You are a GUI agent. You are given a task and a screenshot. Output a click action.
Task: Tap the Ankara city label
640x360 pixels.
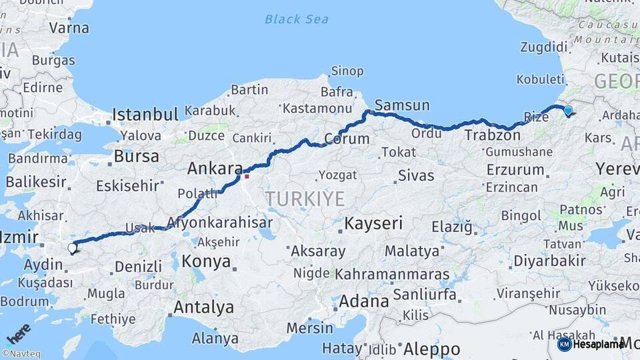click(x=213, y=169)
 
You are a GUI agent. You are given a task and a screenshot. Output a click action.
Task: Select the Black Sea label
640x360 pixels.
click(x=296, y=19)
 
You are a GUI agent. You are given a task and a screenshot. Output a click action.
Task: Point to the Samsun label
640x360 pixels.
click(x=402, y=105)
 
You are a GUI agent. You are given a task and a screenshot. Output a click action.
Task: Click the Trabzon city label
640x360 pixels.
click(x=492, y=135)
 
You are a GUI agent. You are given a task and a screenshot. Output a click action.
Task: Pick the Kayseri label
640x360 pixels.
click(x=373, y=223)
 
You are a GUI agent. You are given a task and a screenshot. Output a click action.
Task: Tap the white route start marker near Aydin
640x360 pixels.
click(x=72, y=248)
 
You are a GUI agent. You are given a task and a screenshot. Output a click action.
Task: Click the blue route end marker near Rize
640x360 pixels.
click(x=567, y=111)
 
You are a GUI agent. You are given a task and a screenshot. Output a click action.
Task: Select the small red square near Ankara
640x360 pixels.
click(x=246, y=176)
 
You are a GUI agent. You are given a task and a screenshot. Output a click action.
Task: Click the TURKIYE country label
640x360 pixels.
click(x=305, y=198)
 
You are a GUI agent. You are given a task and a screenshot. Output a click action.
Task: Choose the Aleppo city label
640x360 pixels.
click(x=431, y=349)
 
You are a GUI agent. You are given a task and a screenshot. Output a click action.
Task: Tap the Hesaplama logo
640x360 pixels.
click(x=591, y=344)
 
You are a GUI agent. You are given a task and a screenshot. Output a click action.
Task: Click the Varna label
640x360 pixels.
click(x=69, y=28)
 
